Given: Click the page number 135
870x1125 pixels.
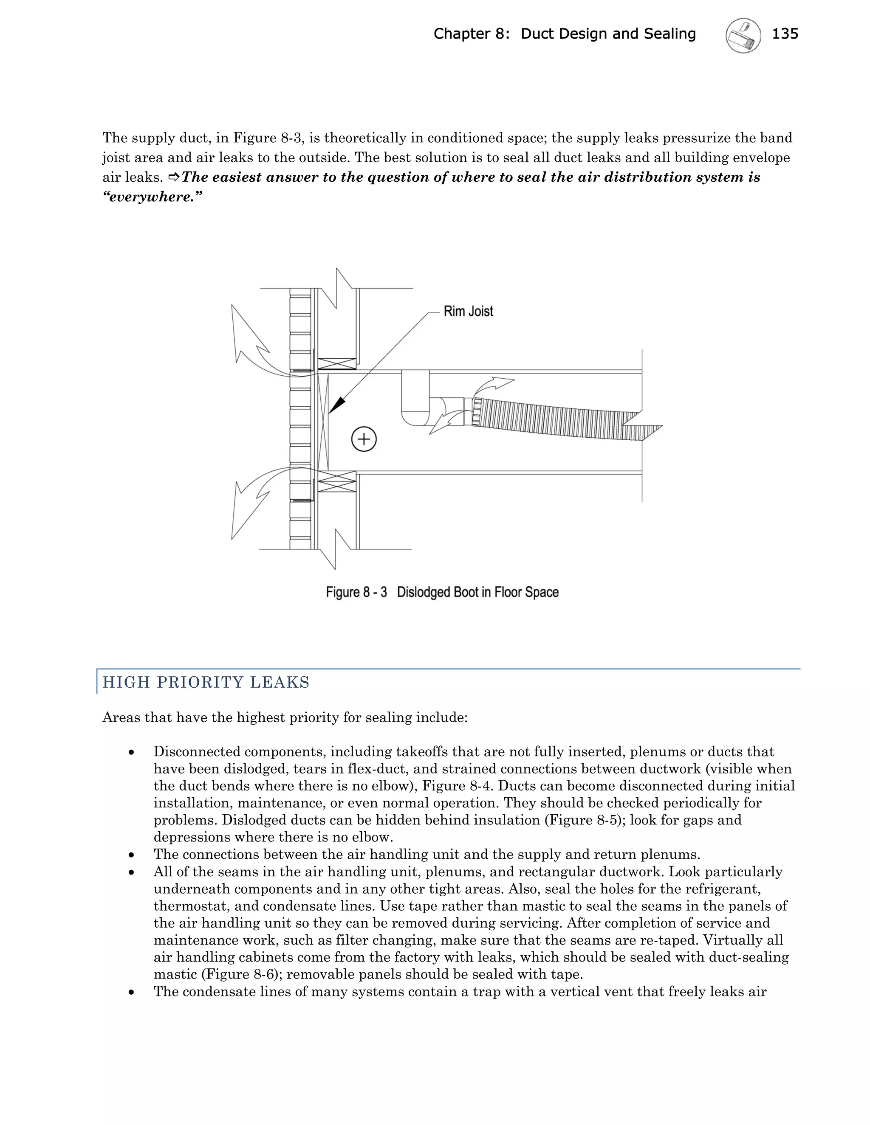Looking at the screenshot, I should click(785, 34).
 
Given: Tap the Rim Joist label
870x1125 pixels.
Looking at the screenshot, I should click(468, 311).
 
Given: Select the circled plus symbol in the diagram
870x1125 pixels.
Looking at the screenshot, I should click(364, 439).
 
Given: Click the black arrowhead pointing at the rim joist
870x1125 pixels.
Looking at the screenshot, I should click(336, 405).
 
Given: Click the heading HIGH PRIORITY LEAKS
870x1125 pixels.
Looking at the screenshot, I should click(206, 682).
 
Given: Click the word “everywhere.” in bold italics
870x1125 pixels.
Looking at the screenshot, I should click(153, 197).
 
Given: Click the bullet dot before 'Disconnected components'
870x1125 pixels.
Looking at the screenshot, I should click(132, 753).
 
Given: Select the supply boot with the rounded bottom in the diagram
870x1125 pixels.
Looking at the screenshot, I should click(415, 399).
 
